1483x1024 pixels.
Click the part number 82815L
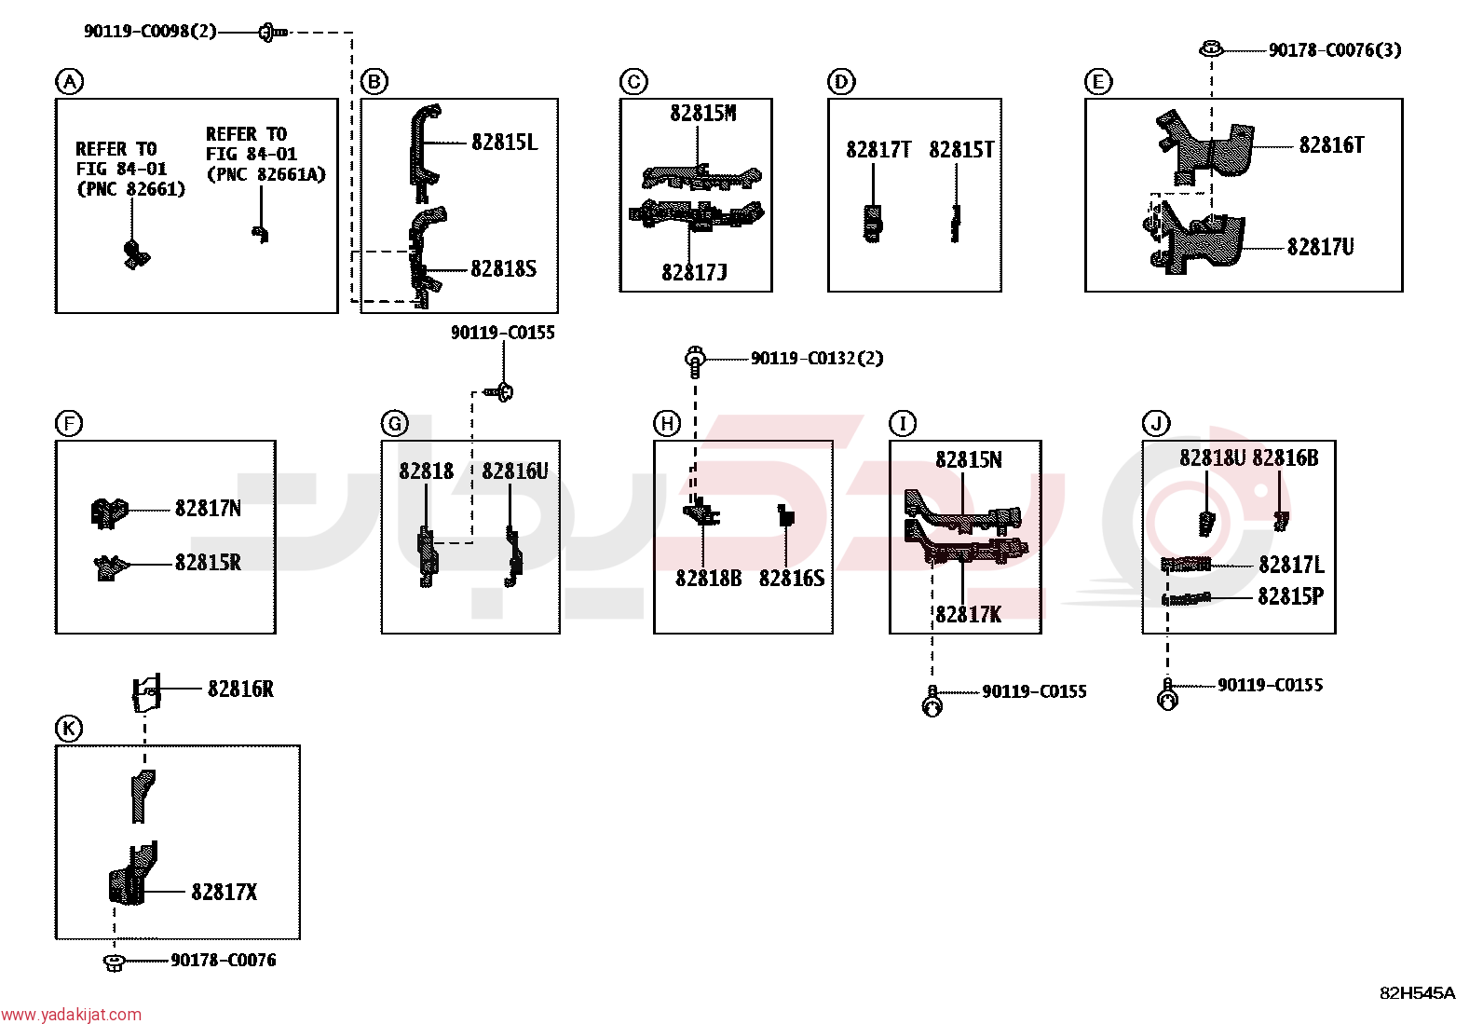tap(505, 143)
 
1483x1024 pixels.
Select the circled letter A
tap(69, 82)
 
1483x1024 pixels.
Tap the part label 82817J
tap(695, 272)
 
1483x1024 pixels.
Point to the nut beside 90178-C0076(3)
tap(1211, 49)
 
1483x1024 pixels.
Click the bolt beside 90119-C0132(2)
tap(695, 361)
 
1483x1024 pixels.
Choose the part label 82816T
tap(1331, 145)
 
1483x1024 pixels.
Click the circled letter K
tap(69, 729)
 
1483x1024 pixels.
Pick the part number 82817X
tap(224, 893)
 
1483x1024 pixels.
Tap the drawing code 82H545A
tap(1418, 993)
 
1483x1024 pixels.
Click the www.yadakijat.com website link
tap(71, 1014)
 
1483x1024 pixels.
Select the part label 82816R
tap(240, 689)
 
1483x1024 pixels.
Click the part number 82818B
tap(708, 579)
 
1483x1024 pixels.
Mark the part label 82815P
tap(1290, 596)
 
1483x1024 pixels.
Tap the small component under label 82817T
tap(873, 224)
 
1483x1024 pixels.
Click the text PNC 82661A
tap(266, 174)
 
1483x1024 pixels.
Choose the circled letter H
tap(667, 423)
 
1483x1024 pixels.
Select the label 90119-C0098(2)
tap(150, 31)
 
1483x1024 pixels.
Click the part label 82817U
tap(1320, 247)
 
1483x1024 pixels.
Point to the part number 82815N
tap(969, 459)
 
